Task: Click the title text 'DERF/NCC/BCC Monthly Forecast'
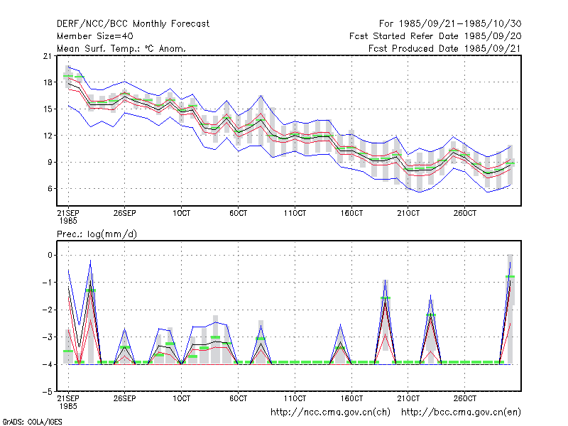coord(133,24)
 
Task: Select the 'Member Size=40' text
coord(95,36)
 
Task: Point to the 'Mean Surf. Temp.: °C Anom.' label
coord(121,48)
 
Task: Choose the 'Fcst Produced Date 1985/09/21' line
coord(445,48)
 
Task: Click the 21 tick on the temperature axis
coord(48,56)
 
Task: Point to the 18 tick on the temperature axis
coord(48,82)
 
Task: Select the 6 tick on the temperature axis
coord(50,189)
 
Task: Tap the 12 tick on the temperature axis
coord(48,136)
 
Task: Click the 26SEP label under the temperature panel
coord(125,213)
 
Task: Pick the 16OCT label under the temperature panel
coord(351,213)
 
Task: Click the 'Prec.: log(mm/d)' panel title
coord(97,234)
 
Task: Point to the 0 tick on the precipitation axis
coord(50,256)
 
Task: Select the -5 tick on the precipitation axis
coord(48,392)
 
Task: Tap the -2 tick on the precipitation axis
coord(48,310)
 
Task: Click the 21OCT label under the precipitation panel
coord(408,398)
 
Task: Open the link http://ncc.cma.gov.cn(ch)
coord(331,413)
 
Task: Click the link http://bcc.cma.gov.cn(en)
coord(461,413)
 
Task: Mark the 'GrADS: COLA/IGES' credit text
coord(33,422)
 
